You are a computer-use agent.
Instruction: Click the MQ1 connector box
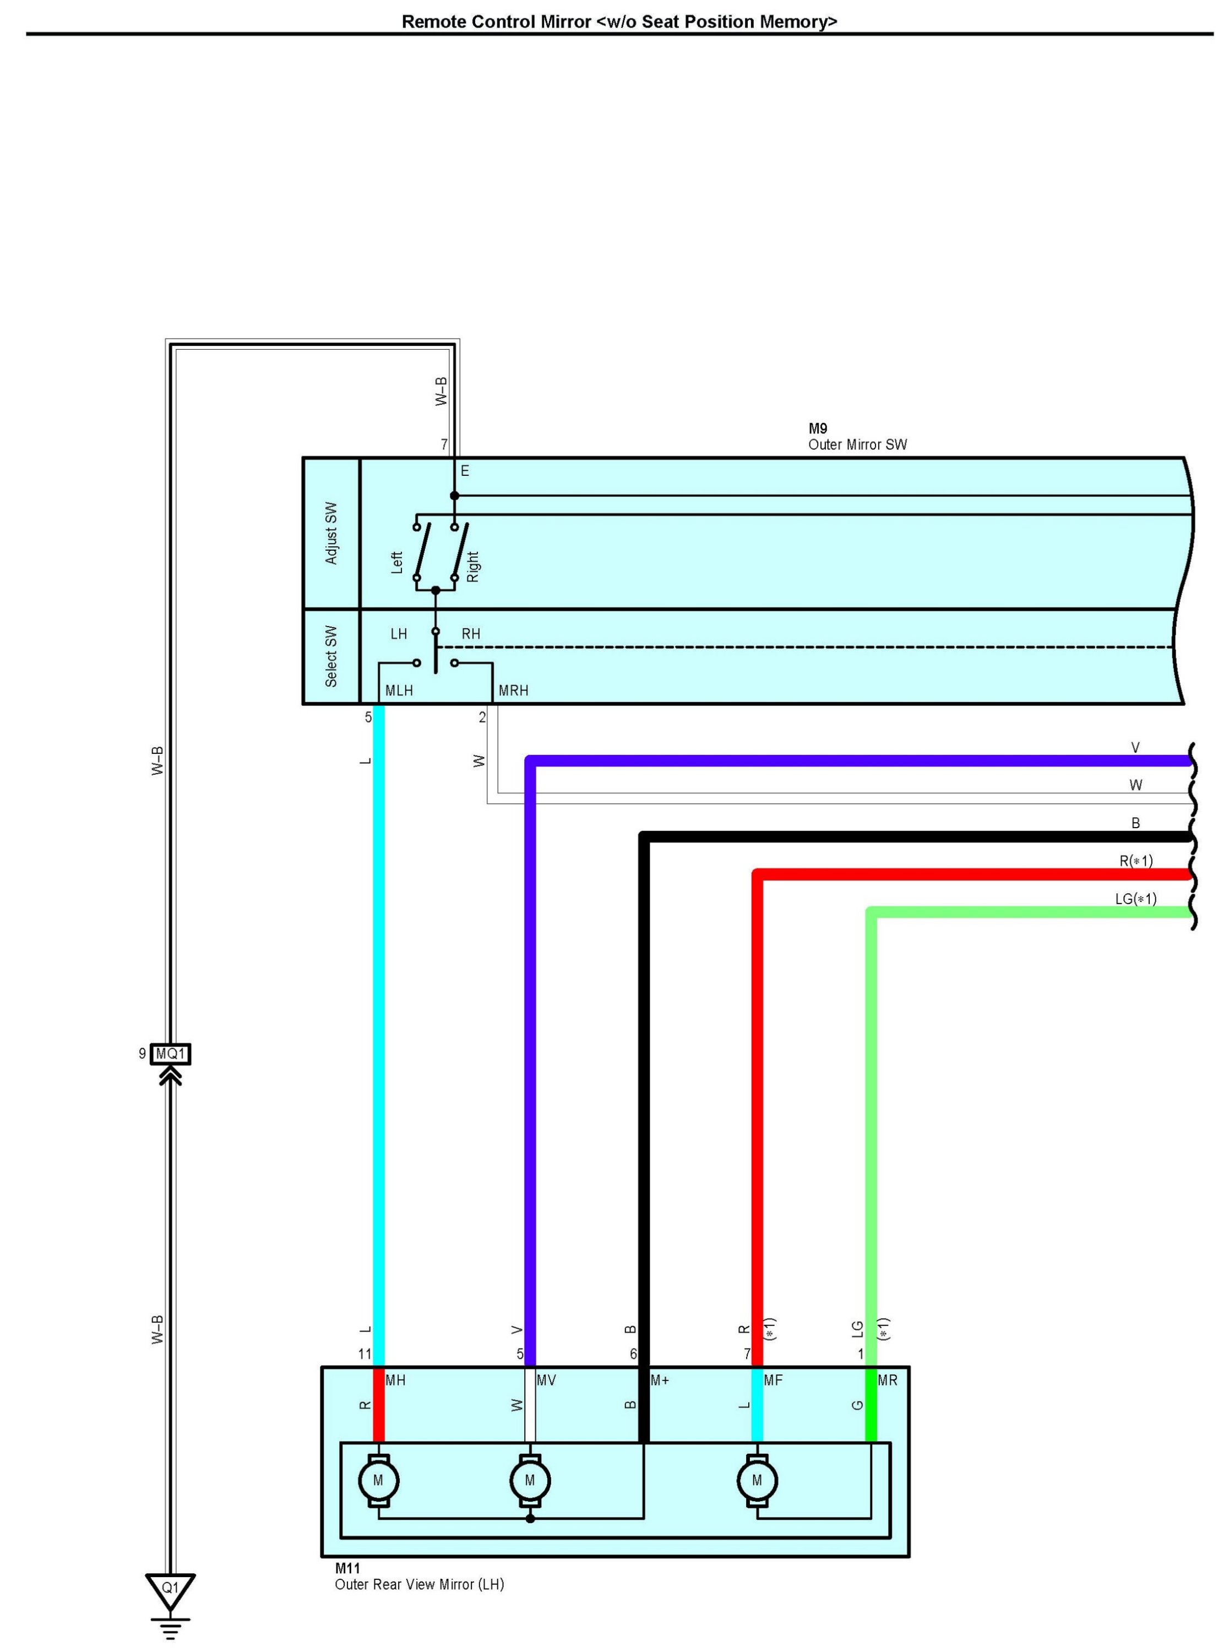[x=170, y=1053]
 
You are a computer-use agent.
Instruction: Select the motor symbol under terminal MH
[x=379, y=1481]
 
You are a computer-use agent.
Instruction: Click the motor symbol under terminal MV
[x=530, y=1481]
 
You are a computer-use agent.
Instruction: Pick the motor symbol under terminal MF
[x=757, y=1481]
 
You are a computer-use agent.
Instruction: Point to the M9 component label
[x=818, y=428]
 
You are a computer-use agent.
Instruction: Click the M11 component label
[x=347, y=1568]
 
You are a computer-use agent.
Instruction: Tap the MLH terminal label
[x=399, y=691]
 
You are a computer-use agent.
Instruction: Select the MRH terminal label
[x=514, y=691]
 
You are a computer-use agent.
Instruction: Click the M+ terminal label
[x=660, y=1380]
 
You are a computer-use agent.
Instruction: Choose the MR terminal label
[x=888, y=1380]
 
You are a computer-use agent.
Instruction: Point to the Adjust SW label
[x=331, y=534]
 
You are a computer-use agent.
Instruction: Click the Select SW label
[x=331, y=656]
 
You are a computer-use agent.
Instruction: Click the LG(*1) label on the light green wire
[x=1136, y=899]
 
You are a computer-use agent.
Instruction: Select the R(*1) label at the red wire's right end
[x=1136, y=861]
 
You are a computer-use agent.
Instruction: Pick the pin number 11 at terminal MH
[x=365, y=1354]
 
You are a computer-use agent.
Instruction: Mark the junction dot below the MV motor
[x=530, y=1519]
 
